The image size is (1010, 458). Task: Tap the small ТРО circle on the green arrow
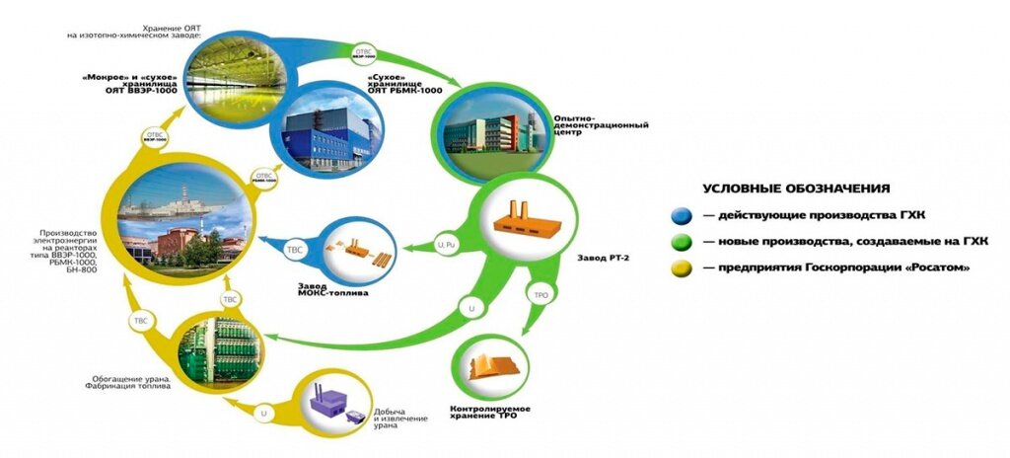[x=541, y=295]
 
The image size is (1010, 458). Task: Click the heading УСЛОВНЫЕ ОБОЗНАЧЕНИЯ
[x=797, y=188]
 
